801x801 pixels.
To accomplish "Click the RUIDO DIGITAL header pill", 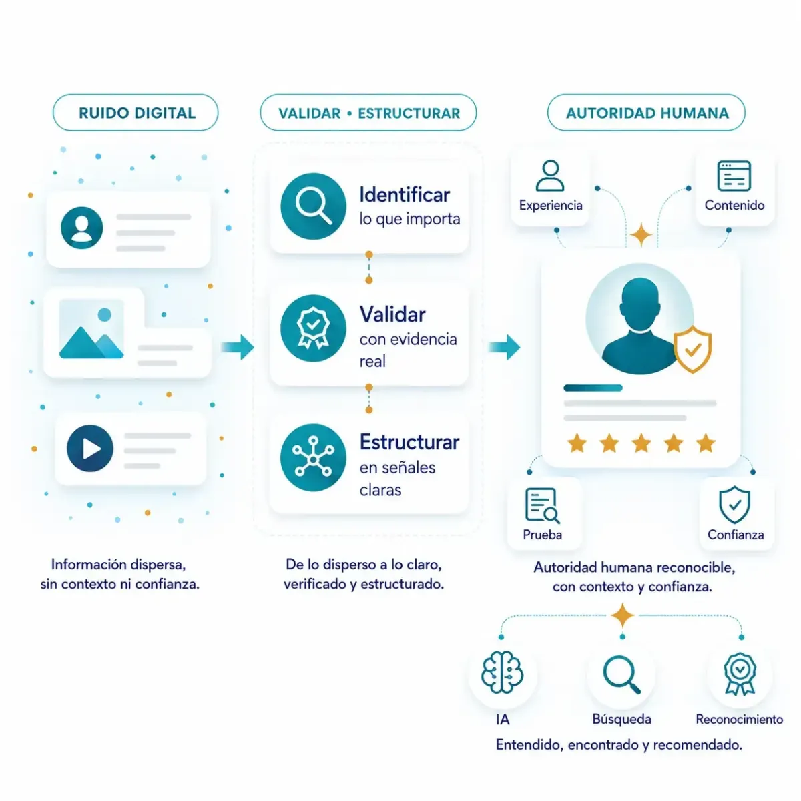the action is [135, 113].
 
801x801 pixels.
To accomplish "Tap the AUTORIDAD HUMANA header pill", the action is [645, 113].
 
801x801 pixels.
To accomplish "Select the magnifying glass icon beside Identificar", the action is [313, 206].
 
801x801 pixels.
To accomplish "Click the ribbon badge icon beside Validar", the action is [313, 328].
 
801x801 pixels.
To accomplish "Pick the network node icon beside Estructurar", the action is [313, 457].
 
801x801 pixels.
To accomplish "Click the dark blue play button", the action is [90, 448].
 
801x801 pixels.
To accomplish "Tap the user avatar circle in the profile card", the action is [82, 228].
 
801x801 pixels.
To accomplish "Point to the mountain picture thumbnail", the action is [91, 328].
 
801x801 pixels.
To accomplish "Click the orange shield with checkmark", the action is [692, 349].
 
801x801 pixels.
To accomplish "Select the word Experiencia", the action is [550, 206].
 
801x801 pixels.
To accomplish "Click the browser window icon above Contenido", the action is [734, 176].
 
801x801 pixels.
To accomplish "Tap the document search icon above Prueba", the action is [542, 505].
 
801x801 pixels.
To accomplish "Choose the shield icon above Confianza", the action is [734, 505].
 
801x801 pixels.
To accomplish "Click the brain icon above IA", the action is [502, 673].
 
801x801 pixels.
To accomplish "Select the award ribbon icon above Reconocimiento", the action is [740, 674].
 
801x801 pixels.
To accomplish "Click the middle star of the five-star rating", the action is [641, 443].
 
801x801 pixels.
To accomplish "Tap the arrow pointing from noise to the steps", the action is [238, 347].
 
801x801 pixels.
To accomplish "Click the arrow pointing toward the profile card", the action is [504, 347].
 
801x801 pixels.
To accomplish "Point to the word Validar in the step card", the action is [392, 314].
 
